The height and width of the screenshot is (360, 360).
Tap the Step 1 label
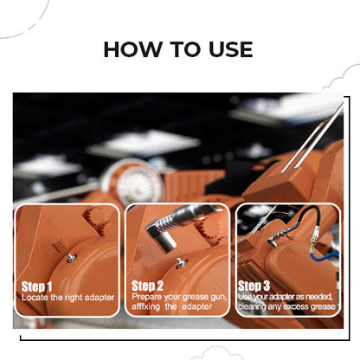[x=36, y=285]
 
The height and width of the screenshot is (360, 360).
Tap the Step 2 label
[x=147, y=285]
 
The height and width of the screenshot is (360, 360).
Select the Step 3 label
[x=253, y=285]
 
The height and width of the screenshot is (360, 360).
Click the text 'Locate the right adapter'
[x=67, y=297]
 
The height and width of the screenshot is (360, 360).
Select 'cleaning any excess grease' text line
[x=287, y=306]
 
